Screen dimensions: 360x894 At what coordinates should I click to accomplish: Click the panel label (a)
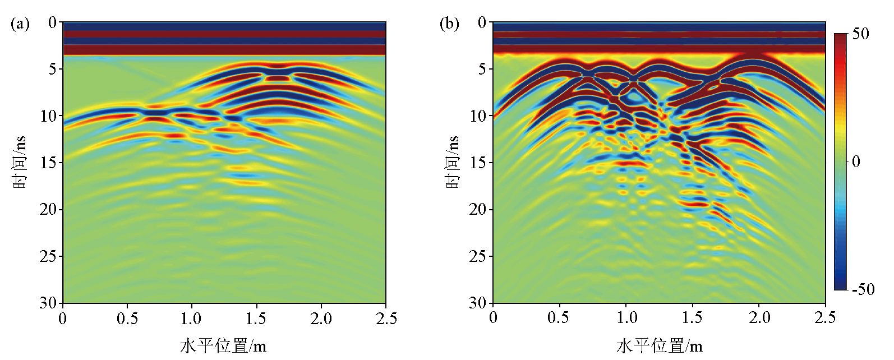[x=20, y=24]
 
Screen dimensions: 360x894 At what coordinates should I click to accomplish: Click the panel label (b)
[x=449, y=24]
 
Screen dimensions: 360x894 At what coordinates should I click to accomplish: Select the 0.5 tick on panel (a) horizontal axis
[x=127, y=319]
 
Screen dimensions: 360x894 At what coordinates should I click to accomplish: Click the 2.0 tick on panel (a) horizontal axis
[x=321, y=319]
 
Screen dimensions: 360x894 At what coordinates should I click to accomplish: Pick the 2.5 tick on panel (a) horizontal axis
[x=385, y=319]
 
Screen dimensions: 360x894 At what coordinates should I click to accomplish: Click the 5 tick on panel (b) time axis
[x=482, y=69]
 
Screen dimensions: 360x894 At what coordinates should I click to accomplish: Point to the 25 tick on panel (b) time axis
[x=478, y=256]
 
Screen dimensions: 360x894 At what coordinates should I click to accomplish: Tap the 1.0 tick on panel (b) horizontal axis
[x=626, y=317]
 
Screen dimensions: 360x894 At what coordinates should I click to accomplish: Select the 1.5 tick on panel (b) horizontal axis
[x=692, y=317]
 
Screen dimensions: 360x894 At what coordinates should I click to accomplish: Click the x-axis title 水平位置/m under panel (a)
[x=223, y=345]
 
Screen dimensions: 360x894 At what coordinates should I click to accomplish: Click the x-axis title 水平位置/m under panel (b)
[x=659, y=345]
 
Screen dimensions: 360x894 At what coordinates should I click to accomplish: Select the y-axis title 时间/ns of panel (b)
[x=452, y=163]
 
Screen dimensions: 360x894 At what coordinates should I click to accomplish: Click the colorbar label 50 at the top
[x=860, y=34]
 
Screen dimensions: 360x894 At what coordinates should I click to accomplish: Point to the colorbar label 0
[x=856, y=161]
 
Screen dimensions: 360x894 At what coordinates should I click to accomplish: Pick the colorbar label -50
[x=863, y=289]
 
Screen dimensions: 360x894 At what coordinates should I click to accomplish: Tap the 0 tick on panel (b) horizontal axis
[x=493, y=317]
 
